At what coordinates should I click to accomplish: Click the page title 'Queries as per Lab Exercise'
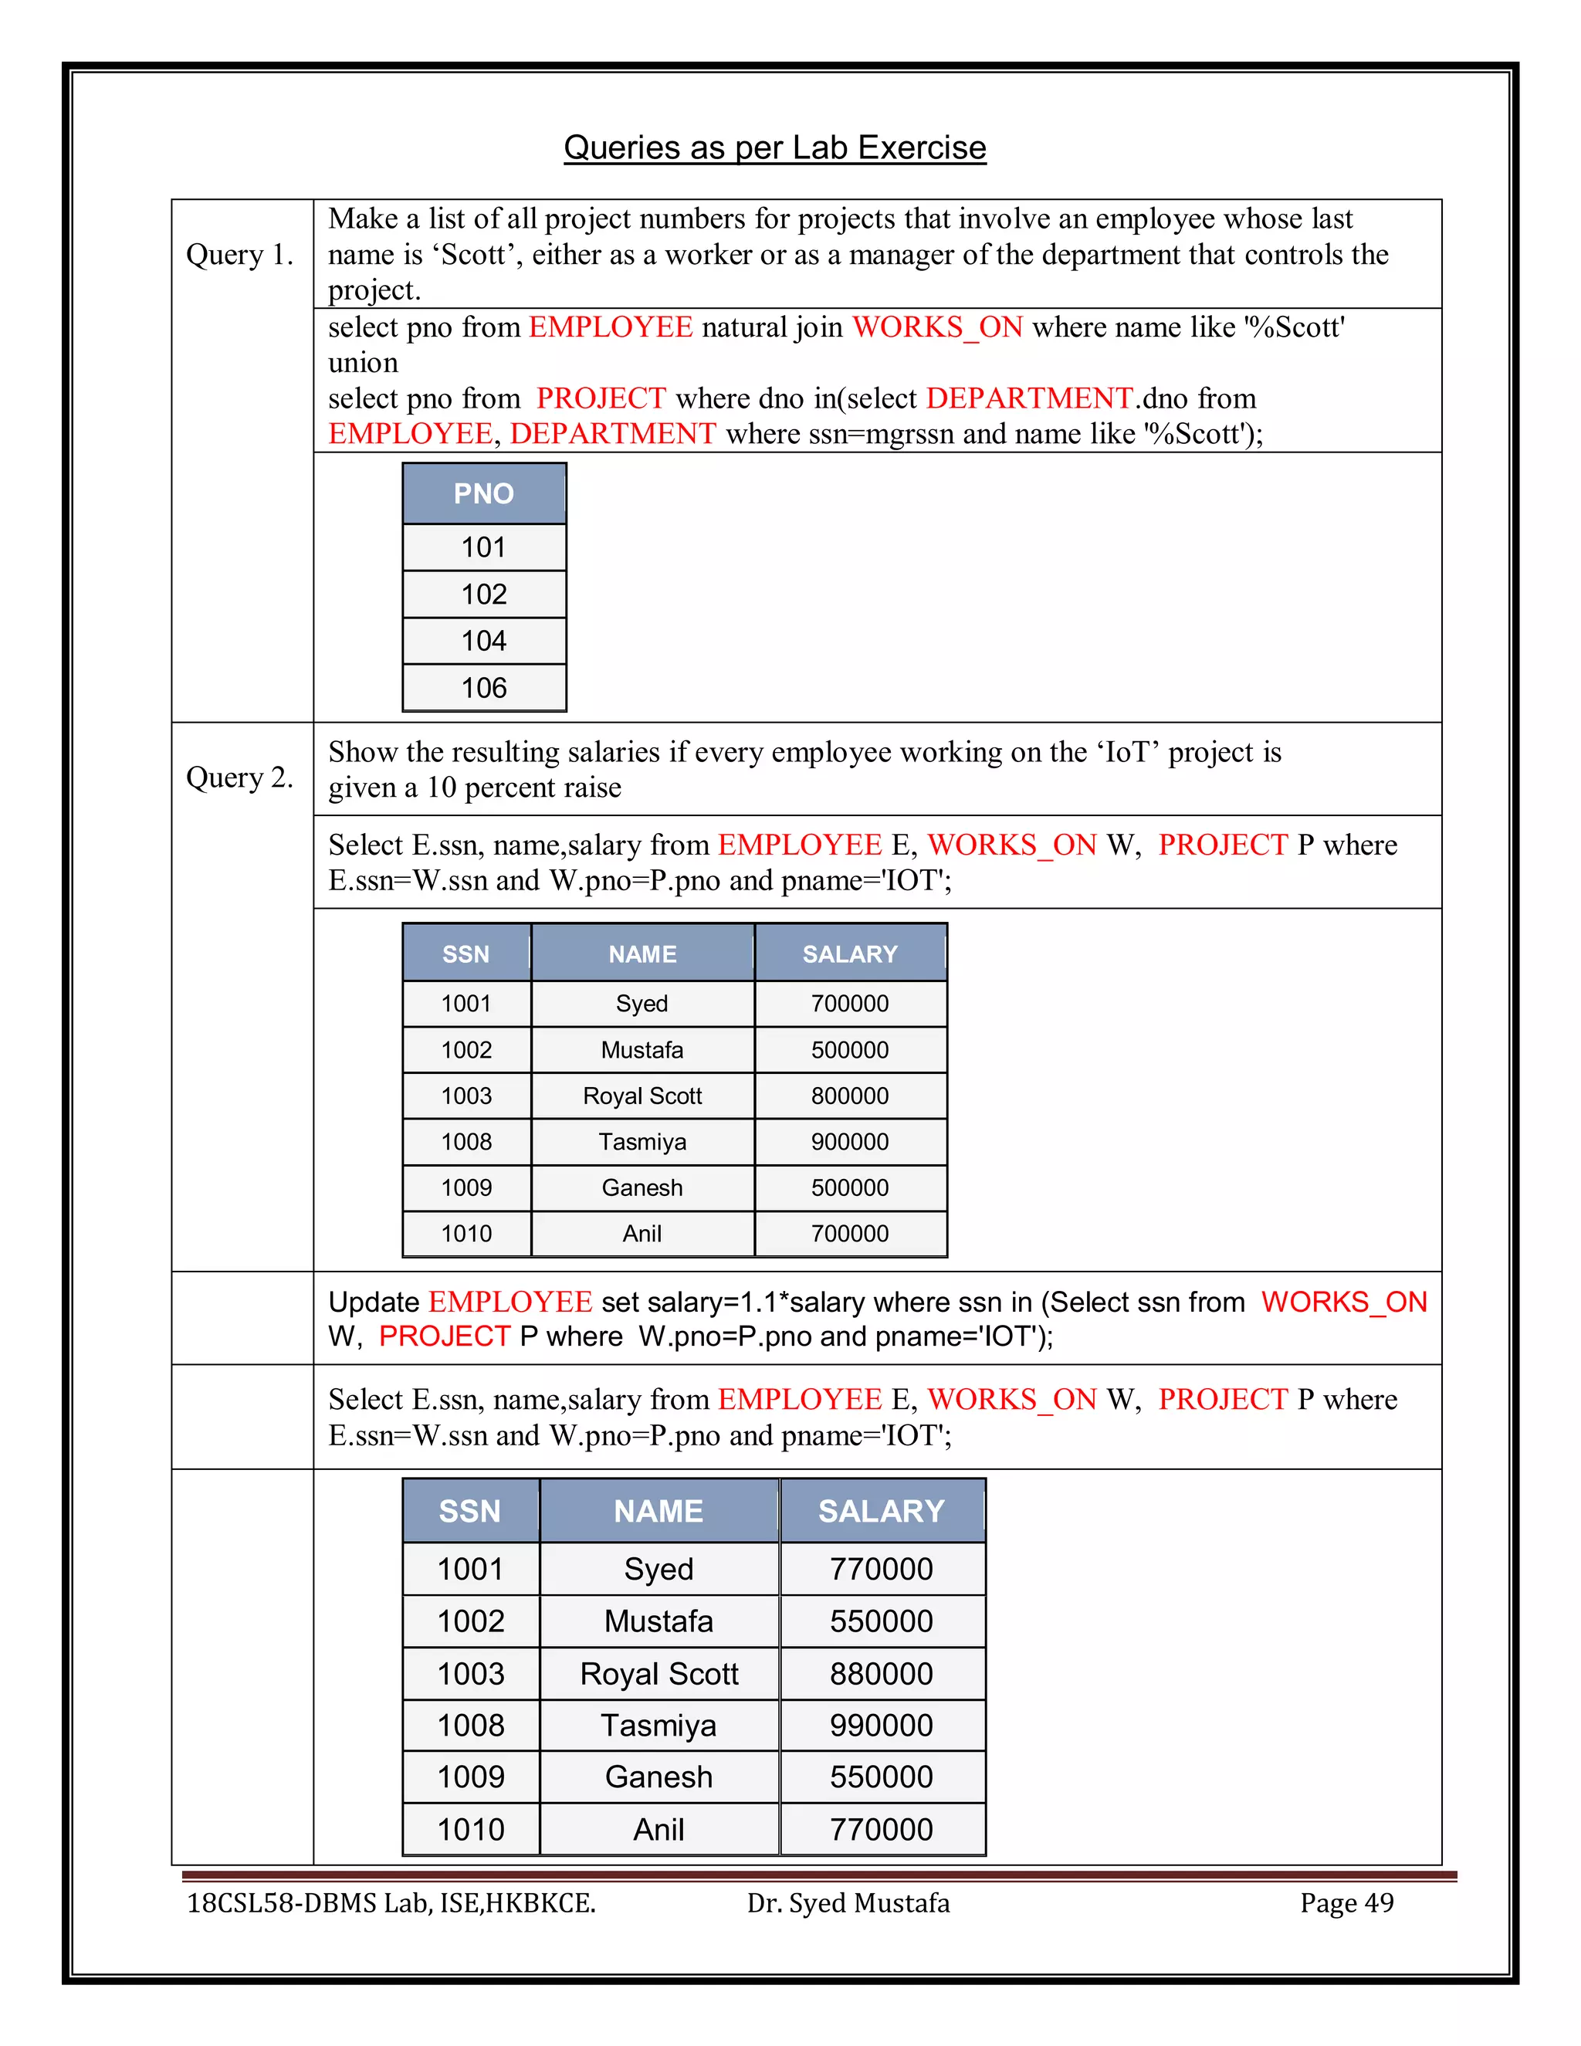coord(774,148)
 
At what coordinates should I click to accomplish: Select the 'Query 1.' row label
coord(240,255)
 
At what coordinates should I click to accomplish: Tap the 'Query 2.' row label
coord(240,777)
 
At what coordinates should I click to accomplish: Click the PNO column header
coord(483,493)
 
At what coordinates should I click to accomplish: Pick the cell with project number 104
coord(483,641)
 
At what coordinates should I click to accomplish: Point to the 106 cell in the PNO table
coord(483,689)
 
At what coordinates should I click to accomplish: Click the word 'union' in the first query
coord(363,363)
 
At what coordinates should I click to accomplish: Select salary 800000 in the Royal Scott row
coord(849,1096)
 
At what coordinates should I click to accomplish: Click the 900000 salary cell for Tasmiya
coord(849,1142)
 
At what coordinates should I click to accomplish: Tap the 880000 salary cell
coord(882,1674)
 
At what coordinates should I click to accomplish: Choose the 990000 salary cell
coord(882,1726)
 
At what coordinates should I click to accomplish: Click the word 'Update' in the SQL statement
coord(373,1302)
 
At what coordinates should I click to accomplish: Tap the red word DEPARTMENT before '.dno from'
coord(1029,398)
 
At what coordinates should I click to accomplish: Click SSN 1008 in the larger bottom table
coord(470,1726)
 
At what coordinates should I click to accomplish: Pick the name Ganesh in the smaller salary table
coord(642,1188)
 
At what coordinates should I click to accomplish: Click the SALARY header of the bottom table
coord(882,1511)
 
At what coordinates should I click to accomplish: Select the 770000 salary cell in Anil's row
coord(882,1830)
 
